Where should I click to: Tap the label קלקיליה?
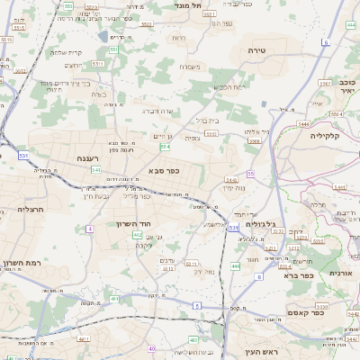pos(332,134)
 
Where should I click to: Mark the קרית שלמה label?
pos(66,51)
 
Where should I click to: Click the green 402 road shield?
pos(137,234)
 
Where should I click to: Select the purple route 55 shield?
pos(250,173)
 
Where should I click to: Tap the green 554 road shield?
pos(165,146)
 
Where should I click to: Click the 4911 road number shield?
pos(83,338)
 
